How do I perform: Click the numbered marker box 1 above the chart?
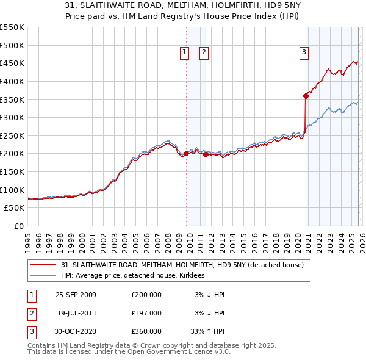185,53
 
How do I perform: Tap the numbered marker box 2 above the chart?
204,53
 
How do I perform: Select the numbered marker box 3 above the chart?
304,53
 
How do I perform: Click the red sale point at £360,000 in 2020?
306,95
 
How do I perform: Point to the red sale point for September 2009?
186,153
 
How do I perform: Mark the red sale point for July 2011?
206,154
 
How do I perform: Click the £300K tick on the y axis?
12,117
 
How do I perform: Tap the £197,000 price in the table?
146,313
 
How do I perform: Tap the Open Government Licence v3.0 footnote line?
129,353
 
